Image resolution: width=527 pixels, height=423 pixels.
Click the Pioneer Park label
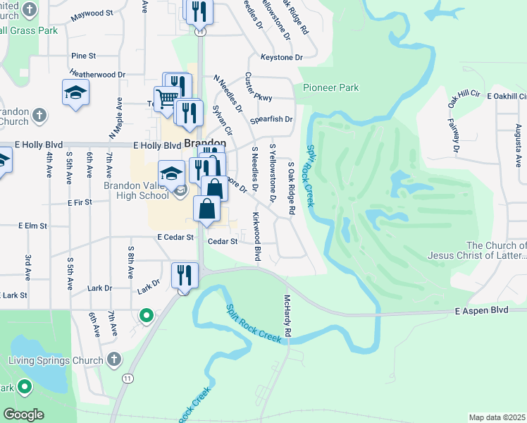[330, 87]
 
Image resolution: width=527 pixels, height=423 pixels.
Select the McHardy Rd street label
[287, 315]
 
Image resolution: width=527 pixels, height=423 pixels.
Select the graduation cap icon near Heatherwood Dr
[75, 93]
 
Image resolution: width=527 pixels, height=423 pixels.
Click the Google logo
[23, 415]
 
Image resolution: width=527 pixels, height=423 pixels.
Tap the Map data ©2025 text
[496, 417]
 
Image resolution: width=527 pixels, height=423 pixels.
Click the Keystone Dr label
[281, 57]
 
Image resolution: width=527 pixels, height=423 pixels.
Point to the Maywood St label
[92, 13]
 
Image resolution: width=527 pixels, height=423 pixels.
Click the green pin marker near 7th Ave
[147, 316]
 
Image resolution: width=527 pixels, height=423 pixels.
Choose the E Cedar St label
[175, 238]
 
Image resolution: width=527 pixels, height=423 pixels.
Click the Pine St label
[83, 56]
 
